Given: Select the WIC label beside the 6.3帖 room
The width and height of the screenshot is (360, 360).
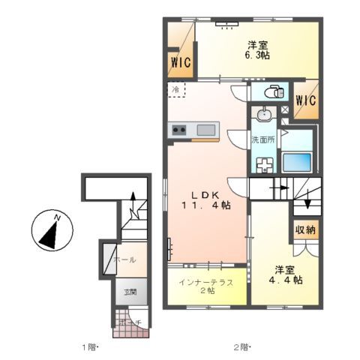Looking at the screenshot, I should [x=179, y=62].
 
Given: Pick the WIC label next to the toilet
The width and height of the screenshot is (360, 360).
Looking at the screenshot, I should [x=304, y=100].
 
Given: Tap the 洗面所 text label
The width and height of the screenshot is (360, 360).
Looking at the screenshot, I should [x=262, y=140].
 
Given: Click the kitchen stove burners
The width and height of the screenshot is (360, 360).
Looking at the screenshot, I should [x=180, y=130].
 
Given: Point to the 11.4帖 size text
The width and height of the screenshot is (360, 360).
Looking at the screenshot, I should [x=205, y=205].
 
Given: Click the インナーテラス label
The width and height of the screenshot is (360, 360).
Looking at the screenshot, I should [x=205, y=283].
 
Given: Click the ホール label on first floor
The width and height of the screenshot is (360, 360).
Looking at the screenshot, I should [x=124, y=259].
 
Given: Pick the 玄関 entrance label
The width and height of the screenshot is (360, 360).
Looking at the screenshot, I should [x=130, y=292].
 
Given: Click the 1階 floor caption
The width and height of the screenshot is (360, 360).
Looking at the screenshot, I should [x=90, y=347].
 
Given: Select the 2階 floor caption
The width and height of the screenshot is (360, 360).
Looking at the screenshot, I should [x=240, y=347].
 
